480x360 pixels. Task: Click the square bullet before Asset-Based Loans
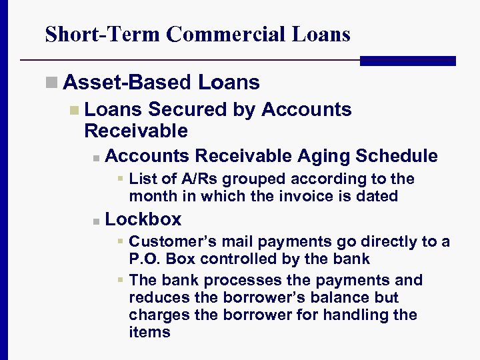pos(51,83)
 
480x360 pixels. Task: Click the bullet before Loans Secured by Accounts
pos(73,110)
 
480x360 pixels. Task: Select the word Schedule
pos(397,156)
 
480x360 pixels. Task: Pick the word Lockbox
pos(143,219)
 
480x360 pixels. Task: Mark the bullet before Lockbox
pos(96,221)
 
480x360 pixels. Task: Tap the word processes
pos(224,280)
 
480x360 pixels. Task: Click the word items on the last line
pos(149,332)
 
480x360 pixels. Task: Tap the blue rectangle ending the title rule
pos(407,61)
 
